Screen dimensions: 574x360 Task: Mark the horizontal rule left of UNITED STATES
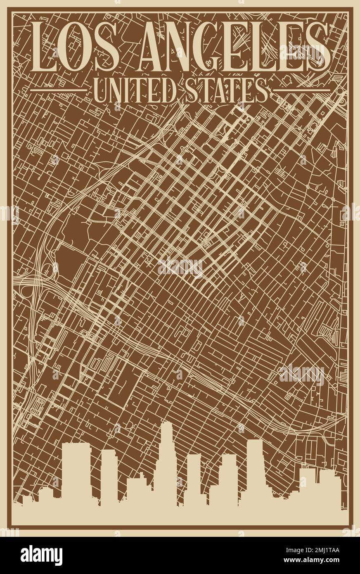point(59,90)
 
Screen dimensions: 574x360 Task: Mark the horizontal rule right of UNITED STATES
point(301,90)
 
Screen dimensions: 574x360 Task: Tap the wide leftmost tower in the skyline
point(76,471)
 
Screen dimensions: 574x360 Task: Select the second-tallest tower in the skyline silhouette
point(254,467)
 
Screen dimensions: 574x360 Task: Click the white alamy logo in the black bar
point(41,555)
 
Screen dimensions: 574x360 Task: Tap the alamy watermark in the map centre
point(180,267)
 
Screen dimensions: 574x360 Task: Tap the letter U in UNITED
point(101,90)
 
